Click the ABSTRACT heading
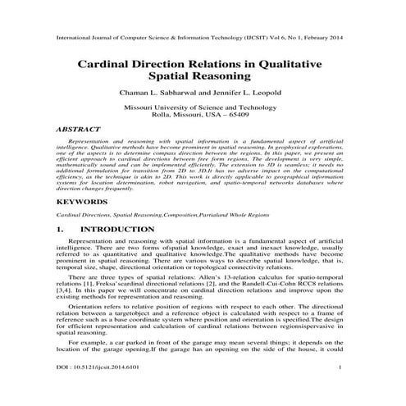point(79,130)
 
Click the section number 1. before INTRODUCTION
point(60,229)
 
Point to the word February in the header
point(307,38)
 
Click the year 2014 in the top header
point(333,38)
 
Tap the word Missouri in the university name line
point(139,107)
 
